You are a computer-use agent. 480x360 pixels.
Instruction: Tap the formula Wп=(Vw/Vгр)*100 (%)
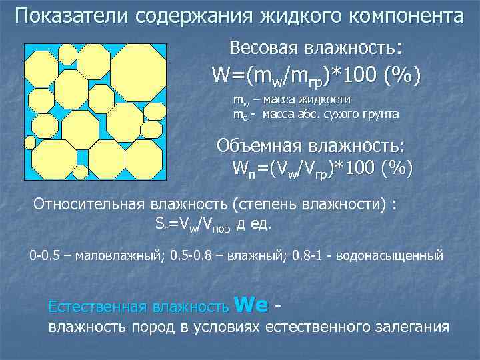click(x=322, y=167)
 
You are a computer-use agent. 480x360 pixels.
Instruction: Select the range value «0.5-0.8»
click(x=191, y=255)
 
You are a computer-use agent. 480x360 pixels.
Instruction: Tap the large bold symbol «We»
click(x=252, y=304)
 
